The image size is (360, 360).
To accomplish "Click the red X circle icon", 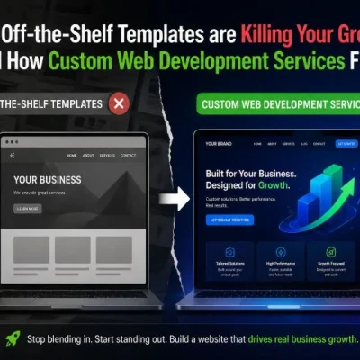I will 118,103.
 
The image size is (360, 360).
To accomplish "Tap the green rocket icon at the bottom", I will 13,338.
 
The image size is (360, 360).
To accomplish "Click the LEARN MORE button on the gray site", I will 28,209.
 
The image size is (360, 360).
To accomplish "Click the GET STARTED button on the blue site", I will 346,143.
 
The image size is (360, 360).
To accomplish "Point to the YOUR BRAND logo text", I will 217,144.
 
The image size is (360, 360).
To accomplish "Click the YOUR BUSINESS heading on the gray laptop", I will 47,179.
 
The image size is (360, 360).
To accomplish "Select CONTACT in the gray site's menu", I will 129,155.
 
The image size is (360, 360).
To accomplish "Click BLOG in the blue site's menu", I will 303,143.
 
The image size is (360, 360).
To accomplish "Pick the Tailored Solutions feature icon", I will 230,252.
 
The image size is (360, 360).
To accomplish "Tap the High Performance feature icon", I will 280,252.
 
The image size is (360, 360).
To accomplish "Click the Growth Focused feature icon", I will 329,252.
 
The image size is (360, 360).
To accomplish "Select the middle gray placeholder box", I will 72,249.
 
